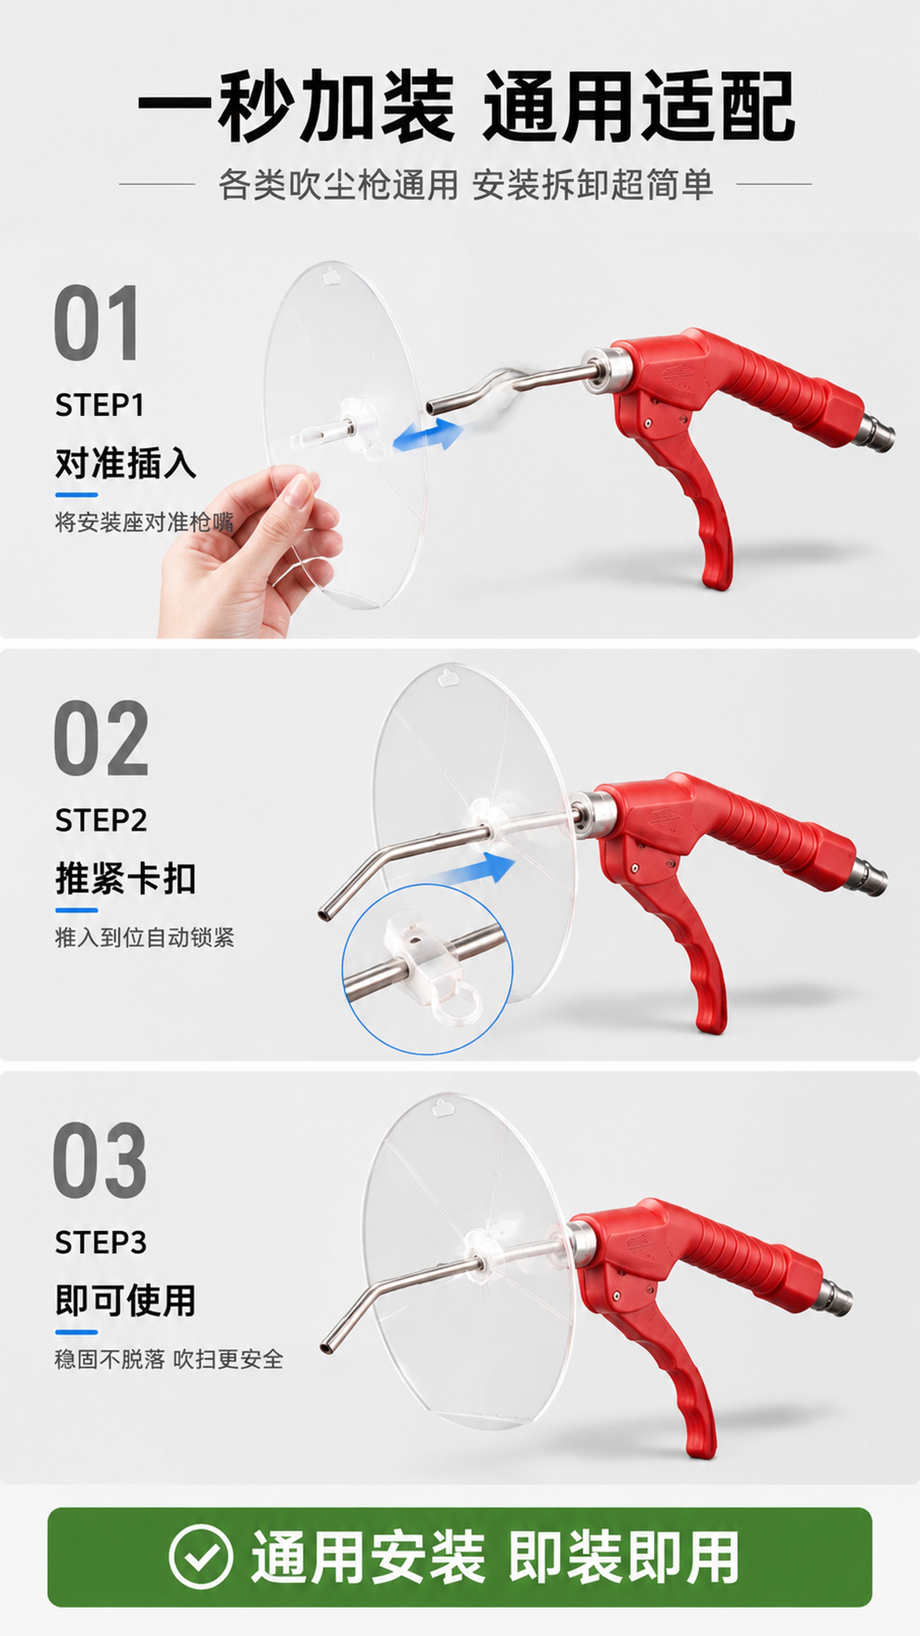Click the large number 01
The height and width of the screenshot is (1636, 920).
point(96,323)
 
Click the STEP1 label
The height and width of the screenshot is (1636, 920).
point(100,405)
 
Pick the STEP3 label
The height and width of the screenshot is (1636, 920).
point(101,1242)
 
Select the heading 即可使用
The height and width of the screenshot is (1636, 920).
point(126,1300)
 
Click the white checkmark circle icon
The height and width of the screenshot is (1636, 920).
point(201,1557)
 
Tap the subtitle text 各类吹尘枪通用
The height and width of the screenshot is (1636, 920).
point(338,185)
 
